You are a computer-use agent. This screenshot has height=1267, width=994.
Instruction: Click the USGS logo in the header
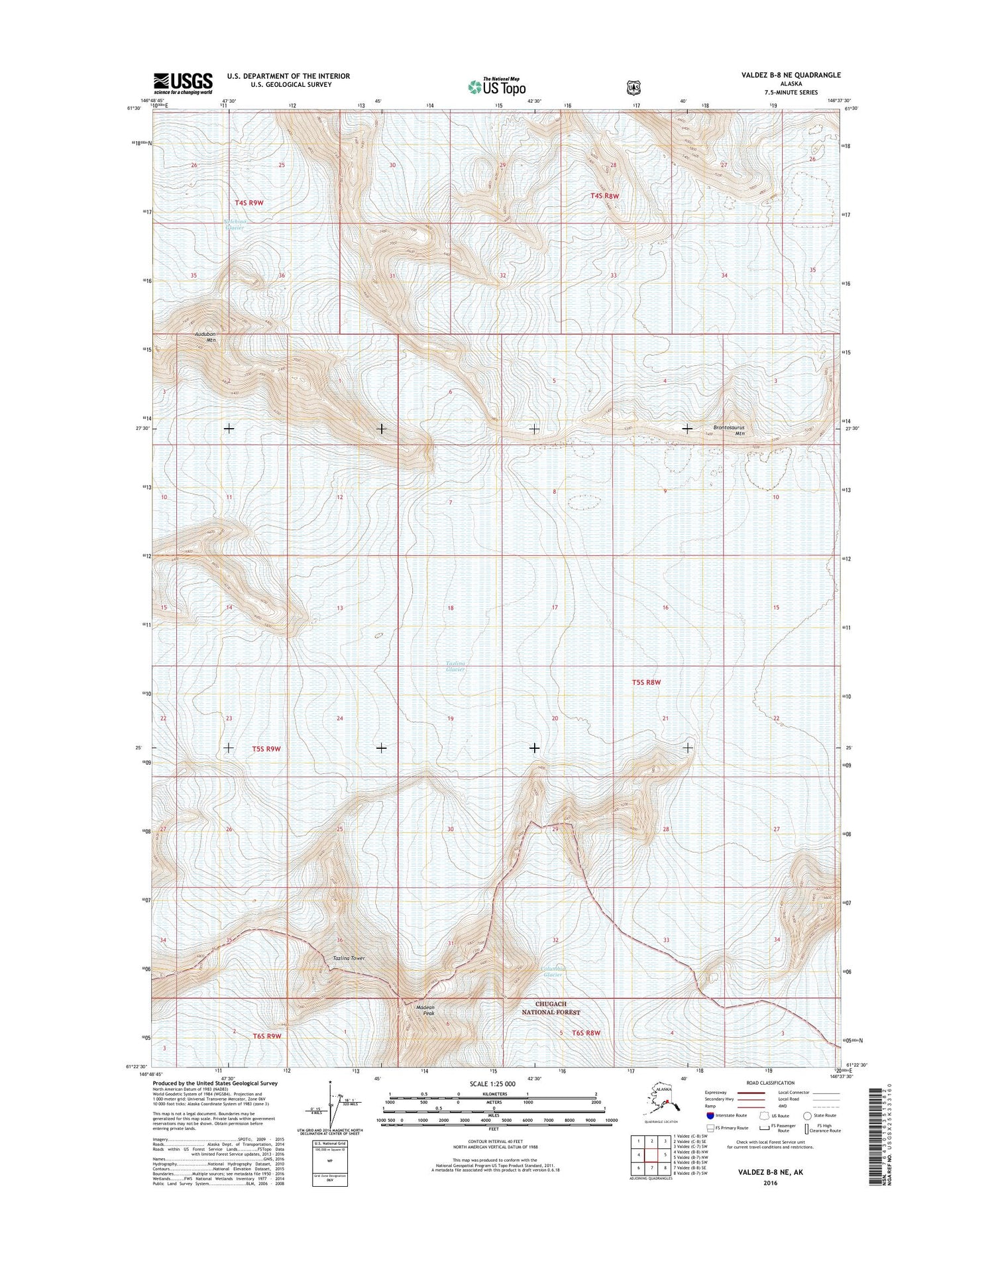[x=183, y=82]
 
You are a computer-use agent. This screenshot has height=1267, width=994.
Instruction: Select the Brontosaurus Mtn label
[x=729, y=430]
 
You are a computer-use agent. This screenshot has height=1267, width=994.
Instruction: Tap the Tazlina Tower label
[x=349, y=958]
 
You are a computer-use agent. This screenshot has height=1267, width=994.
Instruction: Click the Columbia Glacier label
[x=552, y=971]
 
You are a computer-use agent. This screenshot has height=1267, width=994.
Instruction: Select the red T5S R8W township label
[x=646, y=682]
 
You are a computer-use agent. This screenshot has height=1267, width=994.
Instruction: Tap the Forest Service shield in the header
[x=634, y=87]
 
